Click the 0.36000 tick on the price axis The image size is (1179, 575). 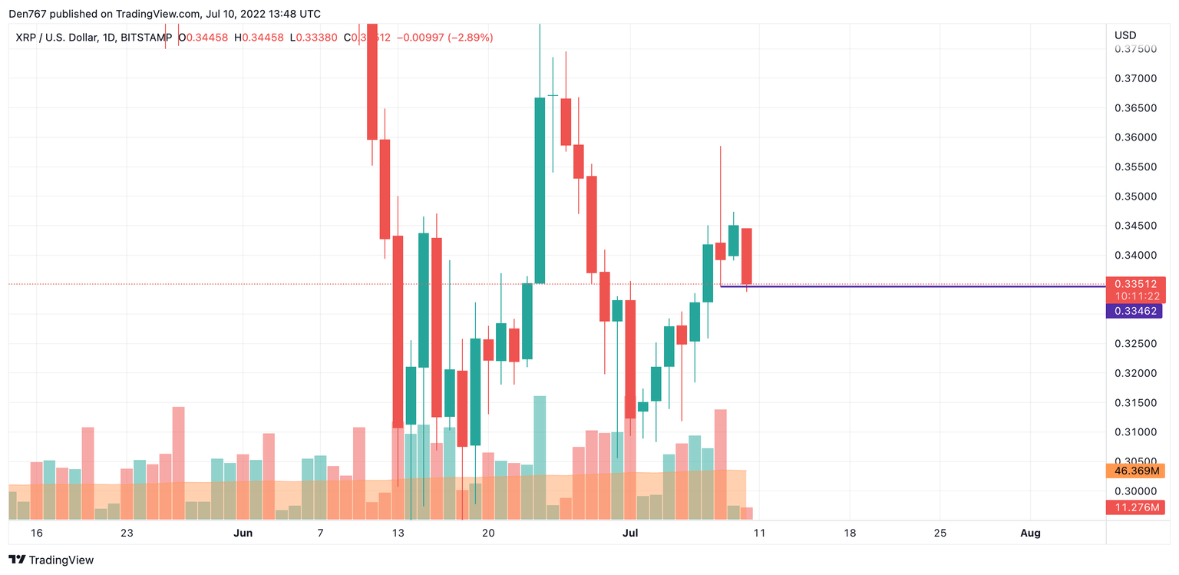tap(1135, 137)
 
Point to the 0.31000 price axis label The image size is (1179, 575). tap(1135, 432)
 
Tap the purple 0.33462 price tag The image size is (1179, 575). tap(1134, 311)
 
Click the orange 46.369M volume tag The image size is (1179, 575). tap(1135, 471)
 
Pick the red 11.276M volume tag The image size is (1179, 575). tap(1135, 507)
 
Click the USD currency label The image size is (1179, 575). tap(1125, 35)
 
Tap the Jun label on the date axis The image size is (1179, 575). tap(243, 533)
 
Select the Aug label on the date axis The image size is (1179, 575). tap(1031, 533)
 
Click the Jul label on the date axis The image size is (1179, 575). tap(630, 533)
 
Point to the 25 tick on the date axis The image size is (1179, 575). tap(940, 533)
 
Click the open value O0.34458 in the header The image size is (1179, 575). tap(203, 37)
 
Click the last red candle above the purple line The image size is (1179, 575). tap(746, 256)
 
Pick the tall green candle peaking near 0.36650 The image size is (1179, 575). tap(540, 190)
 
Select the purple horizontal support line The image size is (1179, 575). tap(921, 286)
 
